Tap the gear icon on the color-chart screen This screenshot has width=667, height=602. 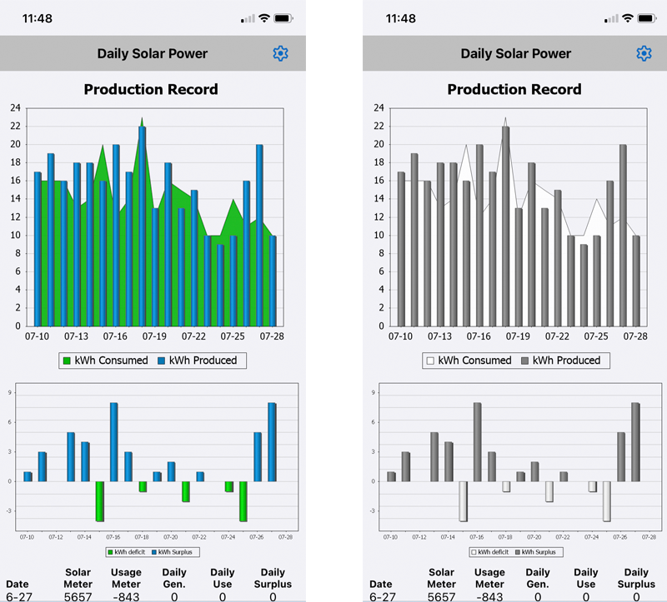(280, 53)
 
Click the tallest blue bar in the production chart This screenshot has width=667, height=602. (142, 225)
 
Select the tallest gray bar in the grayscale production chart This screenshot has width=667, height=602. (505, 225)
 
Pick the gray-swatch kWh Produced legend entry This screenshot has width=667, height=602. (560, 361)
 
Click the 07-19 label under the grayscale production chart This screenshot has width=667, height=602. (518, 336)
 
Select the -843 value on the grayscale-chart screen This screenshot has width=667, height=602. (489, 596)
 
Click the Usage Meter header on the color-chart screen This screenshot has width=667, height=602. (126, 578)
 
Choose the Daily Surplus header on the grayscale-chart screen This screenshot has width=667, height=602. (636, 578)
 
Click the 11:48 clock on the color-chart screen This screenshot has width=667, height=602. (38, 18)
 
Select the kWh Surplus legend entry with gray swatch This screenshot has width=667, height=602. (537, 552)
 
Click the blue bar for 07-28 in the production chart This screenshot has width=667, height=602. (273, 281)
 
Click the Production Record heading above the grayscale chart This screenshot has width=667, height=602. (514, 89)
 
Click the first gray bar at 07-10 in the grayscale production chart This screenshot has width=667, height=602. (401, 249)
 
